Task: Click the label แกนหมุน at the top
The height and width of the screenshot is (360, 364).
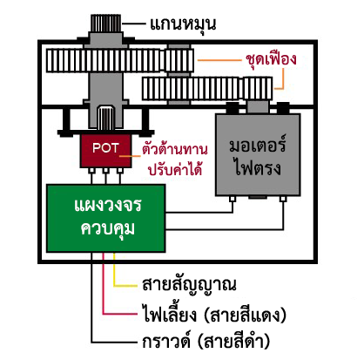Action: click(x=183, y=24)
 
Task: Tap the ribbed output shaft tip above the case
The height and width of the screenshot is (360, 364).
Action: click(x=105, y=23)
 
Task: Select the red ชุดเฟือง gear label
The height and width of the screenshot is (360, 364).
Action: click(x=271, y=59)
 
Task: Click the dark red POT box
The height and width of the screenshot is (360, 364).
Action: click(x=105, y=151)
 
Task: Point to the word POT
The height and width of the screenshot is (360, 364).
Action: click(x=105, y=148)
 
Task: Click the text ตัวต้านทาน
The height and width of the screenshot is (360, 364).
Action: click(x=175, y=149)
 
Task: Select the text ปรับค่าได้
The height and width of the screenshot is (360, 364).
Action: click(x=175, y=168)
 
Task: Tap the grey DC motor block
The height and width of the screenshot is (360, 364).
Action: click(x=258, y=154)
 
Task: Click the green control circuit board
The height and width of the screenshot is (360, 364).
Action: click(x=106, y=218)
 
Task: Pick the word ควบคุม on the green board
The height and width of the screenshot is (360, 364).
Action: click(x=108, y=229)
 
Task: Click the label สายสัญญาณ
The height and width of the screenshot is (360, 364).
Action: click(x=189, y=284)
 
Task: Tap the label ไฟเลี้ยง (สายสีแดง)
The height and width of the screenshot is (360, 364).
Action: click(x=214, y=314)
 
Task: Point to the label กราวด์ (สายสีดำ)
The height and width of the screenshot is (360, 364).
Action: click(x=206, y=341)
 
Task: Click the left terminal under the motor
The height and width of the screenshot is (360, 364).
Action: click(x=233, y=199)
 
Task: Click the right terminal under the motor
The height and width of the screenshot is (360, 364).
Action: click(x=283, y=199)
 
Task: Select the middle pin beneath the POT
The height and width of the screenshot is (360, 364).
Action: click(x=105, y=171)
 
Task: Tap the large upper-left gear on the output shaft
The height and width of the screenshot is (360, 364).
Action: click(x=103, y=60)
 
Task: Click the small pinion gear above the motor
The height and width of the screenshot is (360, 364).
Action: click(x=258, y=88)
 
